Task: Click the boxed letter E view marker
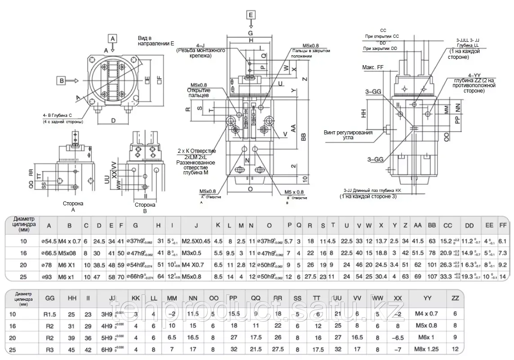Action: (x=250, y=15)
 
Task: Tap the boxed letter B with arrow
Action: (x=61, y=81)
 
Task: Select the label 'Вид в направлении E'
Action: (x=156, y=40)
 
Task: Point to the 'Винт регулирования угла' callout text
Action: (x=348, y=135)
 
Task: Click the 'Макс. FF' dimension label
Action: (x=373, y=67)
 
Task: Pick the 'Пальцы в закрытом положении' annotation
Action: (x=311, y=53)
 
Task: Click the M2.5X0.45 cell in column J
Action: (x=196, y=241)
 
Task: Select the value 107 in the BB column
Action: (x=433, y=276)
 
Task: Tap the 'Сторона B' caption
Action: (x=145, y=208)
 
